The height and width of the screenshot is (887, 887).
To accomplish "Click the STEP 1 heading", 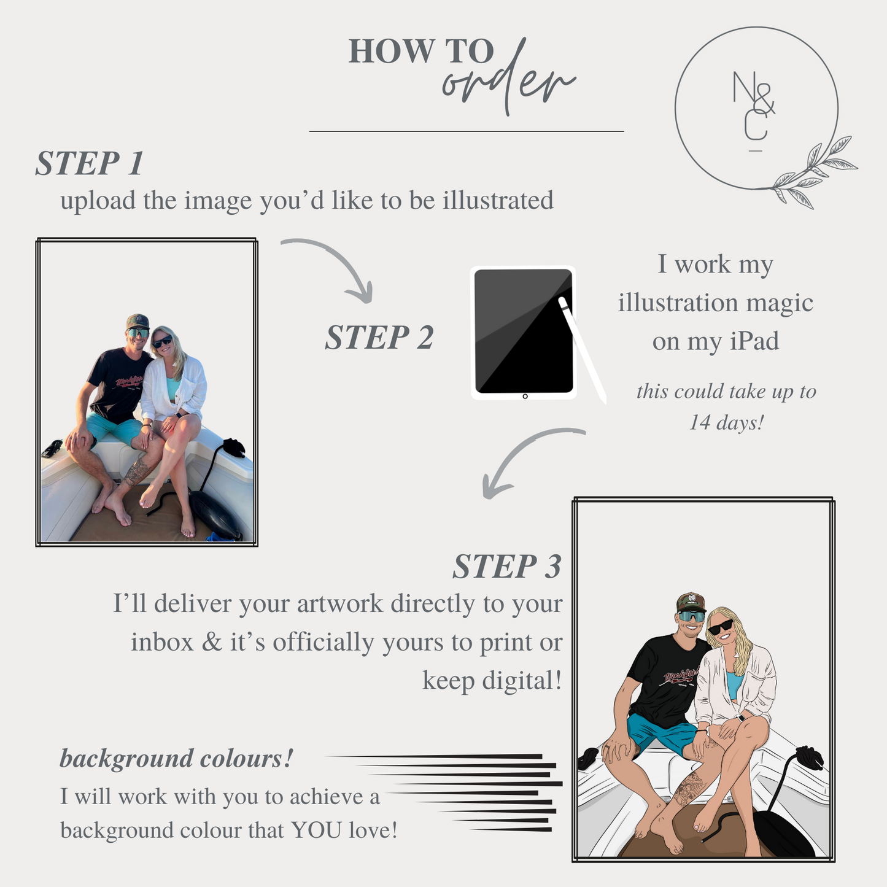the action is (90, 163).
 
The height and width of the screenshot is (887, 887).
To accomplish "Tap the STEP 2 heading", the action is (379, 338).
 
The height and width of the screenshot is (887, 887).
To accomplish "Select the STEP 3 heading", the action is (507, 566).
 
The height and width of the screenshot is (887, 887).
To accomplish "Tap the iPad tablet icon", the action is (524, 332).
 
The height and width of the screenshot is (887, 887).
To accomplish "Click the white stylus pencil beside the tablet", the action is (582, 350).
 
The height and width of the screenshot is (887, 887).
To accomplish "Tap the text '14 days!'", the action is (726, 422).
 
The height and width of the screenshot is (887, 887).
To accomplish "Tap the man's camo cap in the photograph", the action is (138, 321).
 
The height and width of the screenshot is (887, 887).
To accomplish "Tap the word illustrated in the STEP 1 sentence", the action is (498, 199).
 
